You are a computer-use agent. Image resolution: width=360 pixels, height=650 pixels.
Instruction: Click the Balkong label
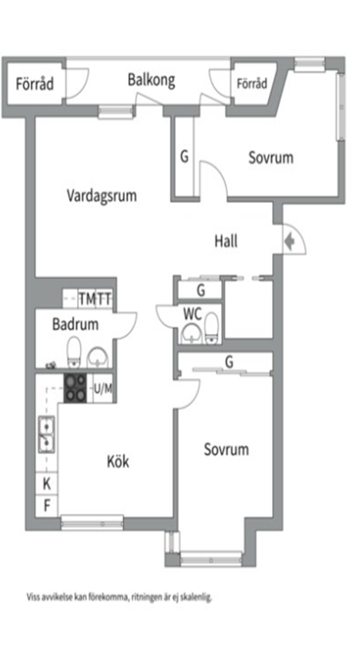click(x=151, y=81)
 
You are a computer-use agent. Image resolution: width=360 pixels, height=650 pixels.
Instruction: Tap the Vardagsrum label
click(x=102, y=195)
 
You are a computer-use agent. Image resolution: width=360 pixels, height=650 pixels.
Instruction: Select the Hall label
click(x=226, y=241)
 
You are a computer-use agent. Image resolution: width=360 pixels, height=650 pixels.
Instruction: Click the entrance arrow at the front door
click(x=290, y=240)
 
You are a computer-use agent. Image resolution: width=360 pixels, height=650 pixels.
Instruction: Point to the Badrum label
click(x=75, y=324)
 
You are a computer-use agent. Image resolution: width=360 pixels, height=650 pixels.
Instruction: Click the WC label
click(x=193, y=314)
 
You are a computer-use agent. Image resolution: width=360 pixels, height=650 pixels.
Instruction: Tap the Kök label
click(x=118, y=462)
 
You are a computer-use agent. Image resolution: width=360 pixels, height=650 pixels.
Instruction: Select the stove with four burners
click(x=75, y=388)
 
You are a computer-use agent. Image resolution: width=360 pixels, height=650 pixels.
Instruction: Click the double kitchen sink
click(x=46, y=435)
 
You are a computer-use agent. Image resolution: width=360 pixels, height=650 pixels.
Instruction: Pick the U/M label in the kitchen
click(x=104, y=388)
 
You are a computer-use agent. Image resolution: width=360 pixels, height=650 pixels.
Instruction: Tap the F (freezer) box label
click(x=48, y=506)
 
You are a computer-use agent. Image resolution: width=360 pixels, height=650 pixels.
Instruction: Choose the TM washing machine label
click(x=87, y=299)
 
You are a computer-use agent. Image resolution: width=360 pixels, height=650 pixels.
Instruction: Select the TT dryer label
click(x=104, y=299)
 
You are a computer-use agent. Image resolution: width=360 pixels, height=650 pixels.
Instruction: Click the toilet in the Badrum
click(x=74, y=352)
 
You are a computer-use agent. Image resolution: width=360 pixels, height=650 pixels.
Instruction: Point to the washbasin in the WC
click(x=191, y=333)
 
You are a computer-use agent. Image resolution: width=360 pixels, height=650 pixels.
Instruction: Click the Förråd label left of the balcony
click(x=35, y=84)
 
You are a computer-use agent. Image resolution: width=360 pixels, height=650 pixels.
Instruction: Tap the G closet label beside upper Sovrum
click(x=184, y=156)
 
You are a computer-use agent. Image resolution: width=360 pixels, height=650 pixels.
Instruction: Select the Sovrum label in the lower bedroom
click(x=226, y=450)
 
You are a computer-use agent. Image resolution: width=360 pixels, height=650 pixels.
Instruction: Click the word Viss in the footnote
click(x=33, y=598)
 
